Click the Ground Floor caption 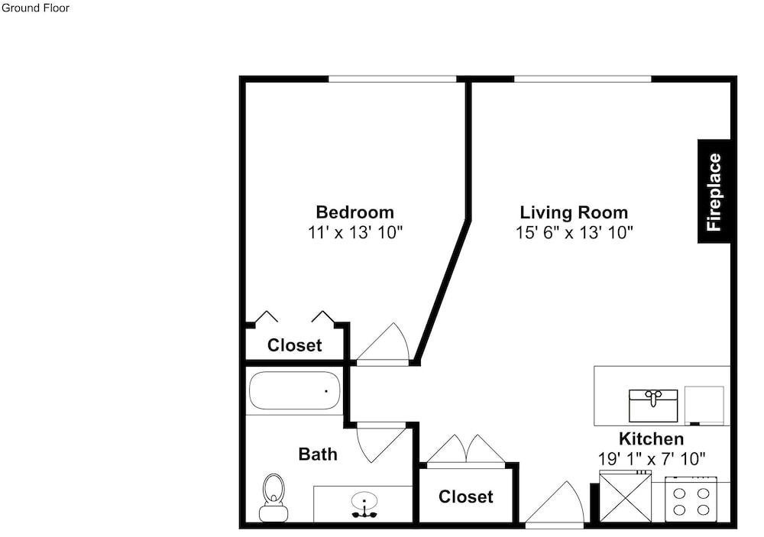coord(36,8)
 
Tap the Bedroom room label coord(354,212)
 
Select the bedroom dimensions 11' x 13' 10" coord(355,232)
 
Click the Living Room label coord(574,212)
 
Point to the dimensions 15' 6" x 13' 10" coord(574,232)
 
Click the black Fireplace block coord(714,191)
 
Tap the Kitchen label coord(652,439)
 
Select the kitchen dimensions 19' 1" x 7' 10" coord(652,458)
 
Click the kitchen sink coord(653,406)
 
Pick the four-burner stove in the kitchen coord(691,501)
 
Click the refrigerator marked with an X coord(625,497)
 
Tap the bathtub coord(295,391)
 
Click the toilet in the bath coord(274,497)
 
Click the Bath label coord(318,455)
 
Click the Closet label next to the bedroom coord(295,345)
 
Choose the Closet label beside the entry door coord(466,497)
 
